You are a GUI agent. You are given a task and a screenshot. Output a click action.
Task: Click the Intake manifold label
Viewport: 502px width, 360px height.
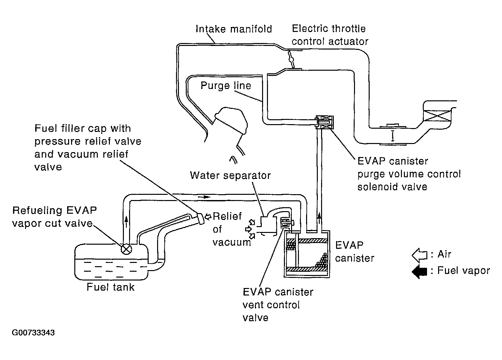234,29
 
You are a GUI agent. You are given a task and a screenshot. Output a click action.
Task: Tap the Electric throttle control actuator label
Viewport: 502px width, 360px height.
330,35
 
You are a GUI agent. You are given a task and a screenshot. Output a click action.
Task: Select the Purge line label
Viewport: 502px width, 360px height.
226,86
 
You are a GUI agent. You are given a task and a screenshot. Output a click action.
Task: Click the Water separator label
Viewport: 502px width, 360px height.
230,175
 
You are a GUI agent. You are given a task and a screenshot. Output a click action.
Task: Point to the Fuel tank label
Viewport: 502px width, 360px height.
111,287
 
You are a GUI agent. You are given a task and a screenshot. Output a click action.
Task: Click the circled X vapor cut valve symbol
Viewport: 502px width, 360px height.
126,249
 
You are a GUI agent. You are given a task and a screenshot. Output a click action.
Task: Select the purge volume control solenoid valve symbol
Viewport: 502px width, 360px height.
325,122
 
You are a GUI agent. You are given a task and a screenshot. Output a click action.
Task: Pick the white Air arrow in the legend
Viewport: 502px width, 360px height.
419,255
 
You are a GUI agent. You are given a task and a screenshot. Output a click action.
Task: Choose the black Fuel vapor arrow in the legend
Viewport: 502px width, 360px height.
419,271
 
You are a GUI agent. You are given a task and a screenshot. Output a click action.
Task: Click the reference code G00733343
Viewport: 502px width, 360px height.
33,333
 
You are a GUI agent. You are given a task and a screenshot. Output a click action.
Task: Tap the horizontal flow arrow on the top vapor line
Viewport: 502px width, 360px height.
204,197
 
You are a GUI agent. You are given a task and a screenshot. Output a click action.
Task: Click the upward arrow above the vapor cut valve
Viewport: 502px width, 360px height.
126,222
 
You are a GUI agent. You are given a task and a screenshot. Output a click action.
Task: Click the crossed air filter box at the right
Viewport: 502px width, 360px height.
437,116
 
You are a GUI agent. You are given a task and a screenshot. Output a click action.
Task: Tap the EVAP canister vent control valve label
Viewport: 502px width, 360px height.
278,305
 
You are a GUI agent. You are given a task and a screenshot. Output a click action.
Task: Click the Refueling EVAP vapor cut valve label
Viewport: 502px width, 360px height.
54,217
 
